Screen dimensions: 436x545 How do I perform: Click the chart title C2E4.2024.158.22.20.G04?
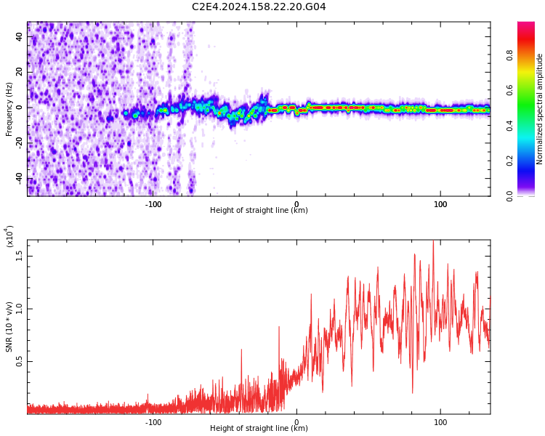tap(259, 7)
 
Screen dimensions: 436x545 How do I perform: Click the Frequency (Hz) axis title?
tap(9, 109)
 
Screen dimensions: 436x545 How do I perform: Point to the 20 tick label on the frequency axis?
tap(20, 72)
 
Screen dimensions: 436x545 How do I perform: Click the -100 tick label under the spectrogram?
tap(153, 204)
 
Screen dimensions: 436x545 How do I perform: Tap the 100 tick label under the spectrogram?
tap(440, 204)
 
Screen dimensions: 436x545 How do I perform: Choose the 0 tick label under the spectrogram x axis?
tap(296, 204)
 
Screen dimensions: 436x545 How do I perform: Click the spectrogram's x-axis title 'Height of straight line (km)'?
tap(259, 211)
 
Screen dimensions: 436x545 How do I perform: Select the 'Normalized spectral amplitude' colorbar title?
tap(540, 109)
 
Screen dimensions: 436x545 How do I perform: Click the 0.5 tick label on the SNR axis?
tap(20, 361)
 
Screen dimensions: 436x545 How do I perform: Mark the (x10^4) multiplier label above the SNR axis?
tap(9, 236)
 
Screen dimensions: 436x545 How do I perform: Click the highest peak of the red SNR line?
tap(433, 241)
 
